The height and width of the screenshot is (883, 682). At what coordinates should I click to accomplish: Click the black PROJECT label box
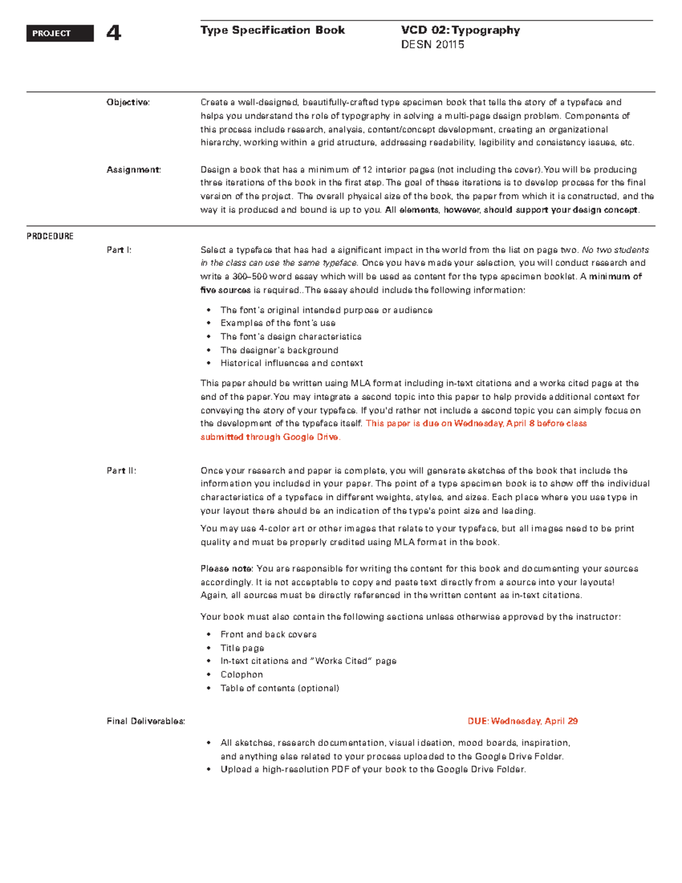[x=60, y=34]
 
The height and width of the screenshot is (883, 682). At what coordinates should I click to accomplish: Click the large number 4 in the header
[x=114, y=34]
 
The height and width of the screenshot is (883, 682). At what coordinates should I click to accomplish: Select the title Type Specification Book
[x=272, y=30]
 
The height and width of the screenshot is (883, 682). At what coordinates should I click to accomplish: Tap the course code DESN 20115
[x=433, y=45]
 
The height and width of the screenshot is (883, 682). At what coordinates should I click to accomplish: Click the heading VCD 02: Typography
[x=460, y=30]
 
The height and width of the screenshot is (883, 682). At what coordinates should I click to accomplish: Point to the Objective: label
[x=128, y=102]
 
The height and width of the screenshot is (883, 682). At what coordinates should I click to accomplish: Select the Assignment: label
[x=134, y=169]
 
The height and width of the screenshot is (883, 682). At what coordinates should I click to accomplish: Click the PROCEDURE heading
[x=50, y=236]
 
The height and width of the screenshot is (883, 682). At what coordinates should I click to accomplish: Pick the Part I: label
[x=119, y=250]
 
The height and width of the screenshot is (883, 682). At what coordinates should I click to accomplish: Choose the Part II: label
[x=121, y=471]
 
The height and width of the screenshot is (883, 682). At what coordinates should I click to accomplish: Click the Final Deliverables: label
[x=145, y=721]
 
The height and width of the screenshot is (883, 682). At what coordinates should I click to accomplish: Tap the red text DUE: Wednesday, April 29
[x=522, y=721]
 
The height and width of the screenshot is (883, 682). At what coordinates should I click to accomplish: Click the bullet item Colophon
[x=242, y=674]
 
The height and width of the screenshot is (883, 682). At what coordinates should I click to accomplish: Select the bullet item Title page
[x=242, y=648]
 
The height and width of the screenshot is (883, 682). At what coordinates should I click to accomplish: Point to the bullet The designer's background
[x=279, y=350]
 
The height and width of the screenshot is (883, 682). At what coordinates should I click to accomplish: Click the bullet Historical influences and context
[x=292, y=363]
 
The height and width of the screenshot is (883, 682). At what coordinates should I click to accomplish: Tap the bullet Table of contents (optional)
[x=280, y=688]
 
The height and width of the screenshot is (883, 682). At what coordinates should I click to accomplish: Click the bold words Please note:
[x=226, y=569]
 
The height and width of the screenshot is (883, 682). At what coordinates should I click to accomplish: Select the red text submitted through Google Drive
[x=270, y=437]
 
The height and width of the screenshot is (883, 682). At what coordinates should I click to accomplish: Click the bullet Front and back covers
[x=268, y=635]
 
